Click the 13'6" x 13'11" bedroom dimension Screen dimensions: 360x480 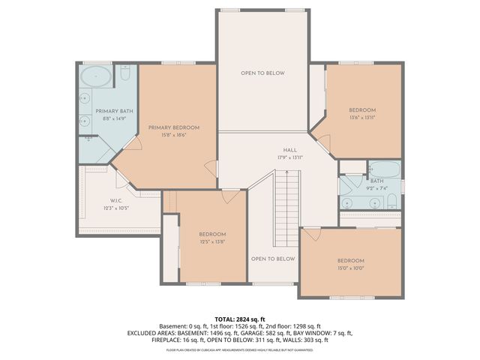pos(361,118)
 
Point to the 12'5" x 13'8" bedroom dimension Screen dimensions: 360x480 pos(212,242)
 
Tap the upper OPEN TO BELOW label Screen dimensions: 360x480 pos(262,73)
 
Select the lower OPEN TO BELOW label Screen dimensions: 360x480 pos(272,259)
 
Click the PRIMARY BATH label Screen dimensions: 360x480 pos(109,111)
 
